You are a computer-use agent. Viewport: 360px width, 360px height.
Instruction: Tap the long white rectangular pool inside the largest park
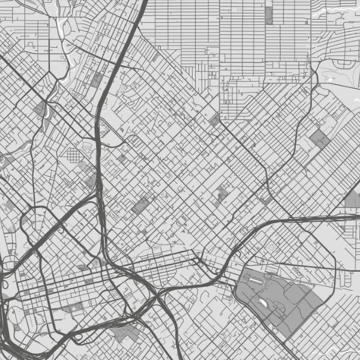coord(254,279)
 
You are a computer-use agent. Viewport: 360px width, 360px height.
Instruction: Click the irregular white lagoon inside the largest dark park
coord(263,303)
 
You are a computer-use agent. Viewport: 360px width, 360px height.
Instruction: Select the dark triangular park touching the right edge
coord(352,199)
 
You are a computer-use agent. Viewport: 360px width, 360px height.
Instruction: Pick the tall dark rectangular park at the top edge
coord(268,15)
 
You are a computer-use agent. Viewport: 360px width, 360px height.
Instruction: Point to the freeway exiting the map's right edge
coord(336,218)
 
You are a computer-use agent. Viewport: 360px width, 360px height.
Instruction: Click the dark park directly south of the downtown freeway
coord(125,333)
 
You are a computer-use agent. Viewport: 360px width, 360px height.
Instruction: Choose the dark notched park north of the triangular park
coord(319,139)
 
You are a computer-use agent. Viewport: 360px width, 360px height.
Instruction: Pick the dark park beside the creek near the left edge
coord(41,109)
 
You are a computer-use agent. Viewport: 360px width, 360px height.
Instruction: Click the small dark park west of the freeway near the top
coord(96,80)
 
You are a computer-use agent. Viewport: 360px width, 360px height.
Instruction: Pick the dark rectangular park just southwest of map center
coord(140,206)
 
